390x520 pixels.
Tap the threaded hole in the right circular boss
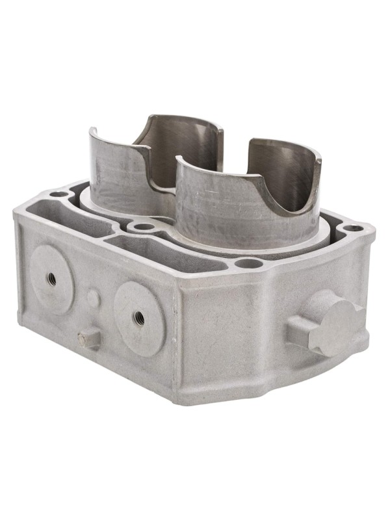coord(138,317)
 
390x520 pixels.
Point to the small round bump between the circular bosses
coord(94,298)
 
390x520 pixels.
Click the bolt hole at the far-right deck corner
coord(353,229)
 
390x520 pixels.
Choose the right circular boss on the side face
coord(138,317)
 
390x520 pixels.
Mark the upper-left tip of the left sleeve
coord(91,130)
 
